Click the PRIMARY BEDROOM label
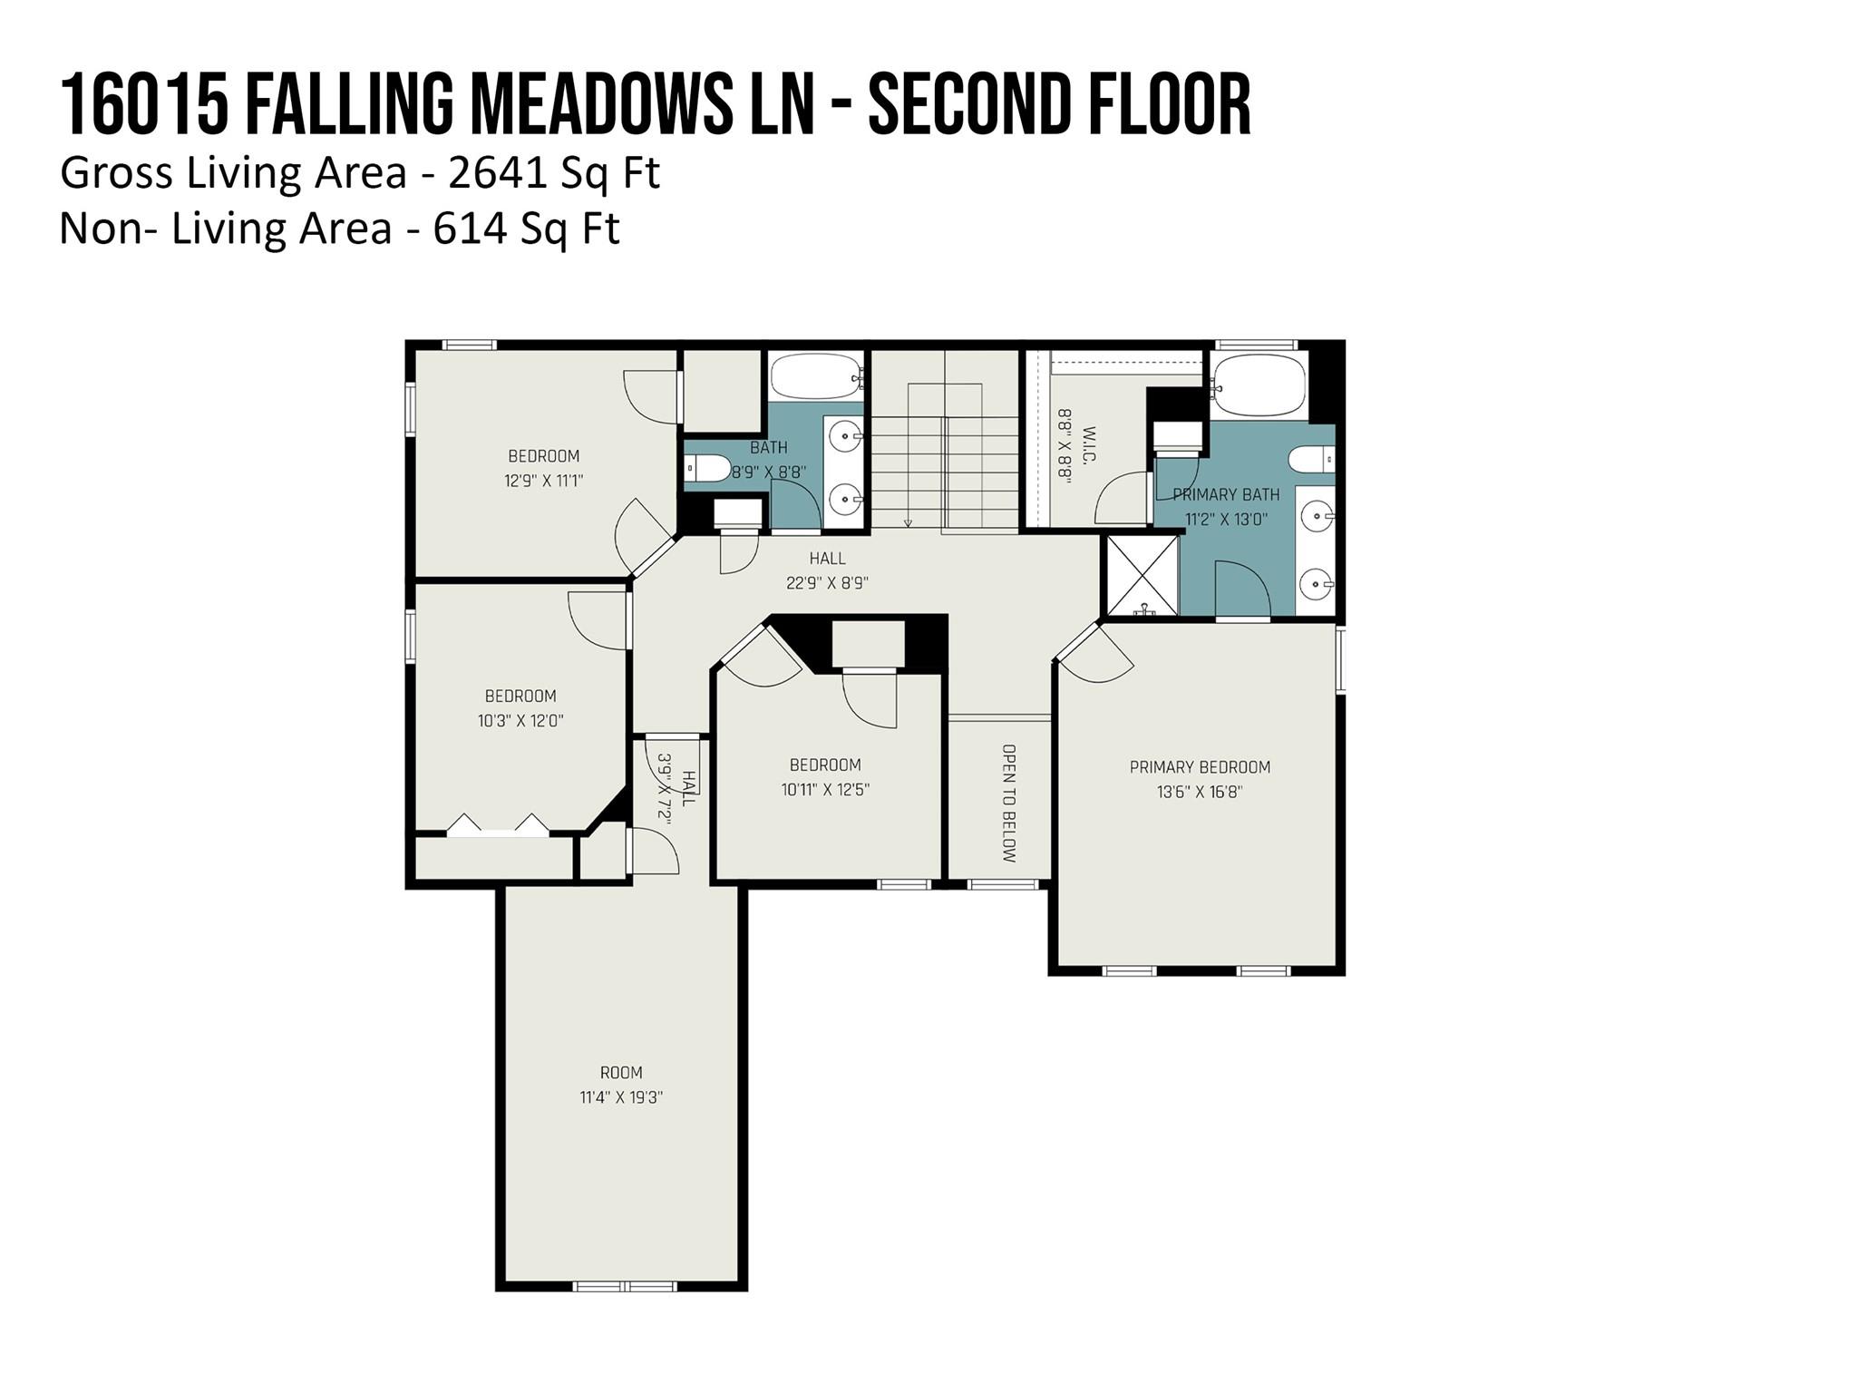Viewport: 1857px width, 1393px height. (1200, 767)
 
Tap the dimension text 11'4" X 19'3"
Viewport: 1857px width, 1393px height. (621, 1097)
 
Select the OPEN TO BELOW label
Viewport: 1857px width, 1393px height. (1009, 804)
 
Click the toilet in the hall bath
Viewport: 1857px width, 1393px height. (707, 468)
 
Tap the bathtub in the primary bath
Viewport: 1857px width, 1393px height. (1259, 385)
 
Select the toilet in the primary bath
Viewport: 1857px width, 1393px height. (1311, 460)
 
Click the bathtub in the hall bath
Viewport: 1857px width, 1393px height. (814, 376)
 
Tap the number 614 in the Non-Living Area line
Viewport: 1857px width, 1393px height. (470, 229)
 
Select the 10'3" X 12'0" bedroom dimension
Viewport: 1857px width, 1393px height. (520, 721)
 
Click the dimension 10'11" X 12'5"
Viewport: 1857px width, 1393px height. (825, 790)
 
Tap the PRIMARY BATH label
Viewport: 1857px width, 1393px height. (1226, 495)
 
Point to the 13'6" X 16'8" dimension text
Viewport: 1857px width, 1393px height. (1200, 792)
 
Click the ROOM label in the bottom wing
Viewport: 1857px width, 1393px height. (621, 1073)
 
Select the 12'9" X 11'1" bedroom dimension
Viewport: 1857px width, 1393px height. (544, 481)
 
